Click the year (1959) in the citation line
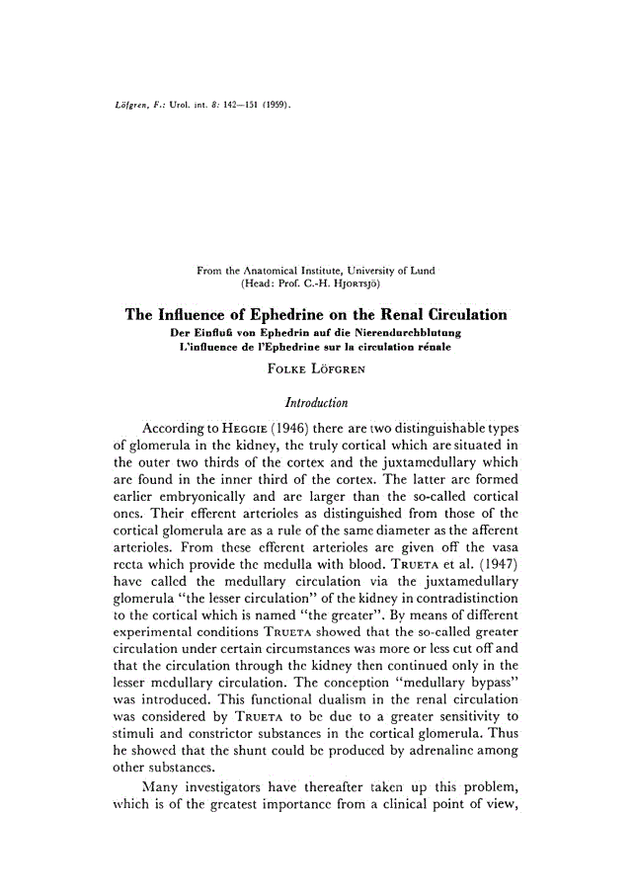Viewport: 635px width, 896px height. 274,104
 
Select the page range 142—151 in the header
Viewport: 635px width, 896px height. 232,104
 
